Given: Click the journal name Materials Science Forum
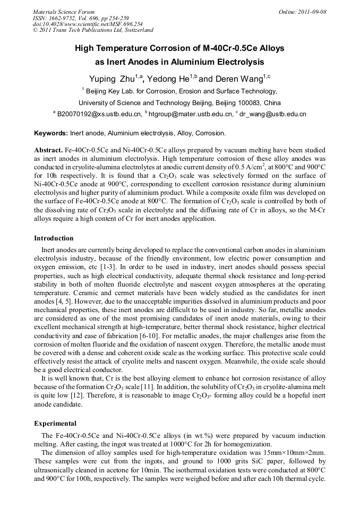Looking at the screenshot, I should pyautogui.click(x=64, y=12).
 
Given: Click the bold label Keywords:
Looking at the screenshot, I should pyautogui.click(x=51, y=133).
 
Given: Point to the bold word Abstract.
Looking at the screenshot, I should pyautogui.click(x=48, y=151).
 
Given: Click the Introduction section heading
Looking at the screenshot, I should pyautogui.click(x=54, y=238).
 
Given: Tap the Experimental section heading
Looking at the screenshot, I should pyautogui.click(x=55, y=424).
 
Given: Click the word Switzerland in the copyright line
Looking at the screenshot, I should pyautogui.click(x=137, y=30).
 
